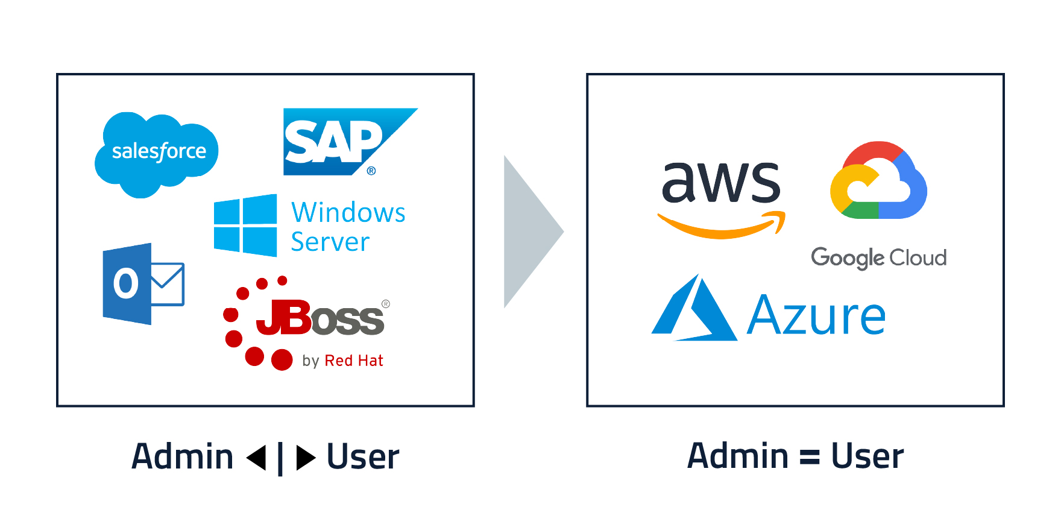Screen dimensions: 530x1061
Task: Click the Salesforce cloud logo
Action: (x=157, y=152)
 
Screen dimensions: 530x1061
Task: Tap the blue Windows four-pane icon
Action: (x=245, y=226)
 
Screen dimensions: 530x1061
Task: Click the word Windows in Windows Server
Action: (x=348, y=213)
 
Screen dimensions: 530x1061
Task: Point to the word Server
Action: (x=330, y=242)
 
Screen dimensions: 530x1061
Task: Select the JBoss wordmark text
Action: (x=321, y=318)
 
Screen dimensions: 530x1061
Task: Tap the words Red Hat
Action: (x=354, y=361)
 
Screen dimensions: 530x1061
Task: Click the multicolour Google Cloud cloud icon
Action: (x=878, y=181)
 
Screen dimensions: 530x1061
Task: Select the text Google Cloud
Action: (x=878, y=258)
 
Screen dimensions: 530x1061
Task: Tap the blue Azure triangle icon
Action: (x=694, y=311)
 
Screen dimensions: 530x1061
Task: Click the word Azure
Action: (x=816, y=315)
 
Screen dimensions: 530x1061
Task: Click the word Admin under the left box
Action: (x=182, y=456)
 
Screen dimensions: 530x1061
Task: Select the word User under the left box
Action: (x=363, y=457)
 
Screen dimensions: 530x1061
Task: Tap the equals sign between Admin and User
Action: (x=810, y=457)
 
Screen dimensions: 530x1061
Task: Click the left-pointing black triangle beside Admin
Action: (x=258, y=458)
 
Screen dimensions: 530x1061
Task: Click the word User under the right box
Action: (x=867, y=456)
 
